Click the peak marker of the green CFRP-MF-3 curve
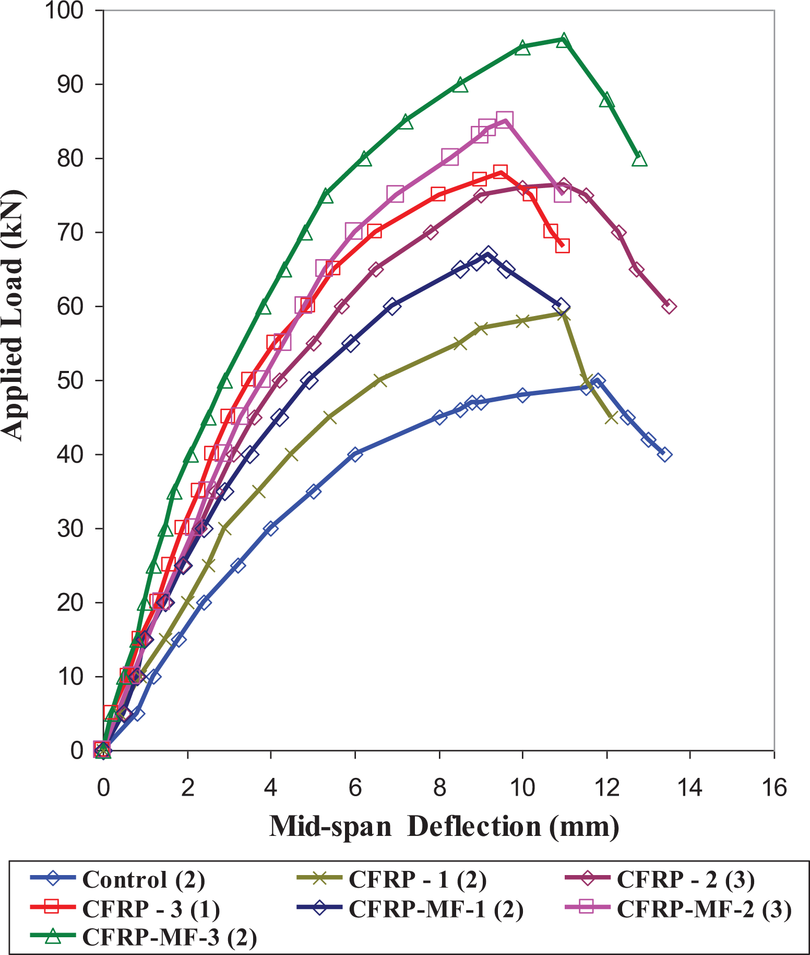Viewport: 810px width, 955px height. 563,40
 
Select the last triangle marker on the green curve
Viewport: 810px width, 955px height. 639,159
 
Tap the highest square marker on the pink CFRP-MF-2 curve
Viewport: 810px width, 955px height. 504,120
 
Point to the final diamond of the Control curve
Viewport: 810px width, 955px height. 664,455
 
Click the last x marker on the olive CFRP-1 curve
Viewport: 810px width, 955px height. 611,417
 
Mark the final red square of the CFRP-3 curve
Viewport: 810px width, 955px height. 562,246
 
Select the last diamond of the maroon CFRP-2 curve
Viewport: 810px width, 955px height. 669,306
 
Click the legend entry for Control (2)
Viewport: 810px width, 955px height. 144,879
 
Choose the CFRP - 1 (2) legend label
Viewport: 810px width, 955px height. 418,879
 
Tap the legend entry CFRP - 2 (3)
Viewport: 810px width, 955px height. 686,879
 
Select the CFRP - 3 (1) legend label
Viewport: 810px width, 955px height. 151,909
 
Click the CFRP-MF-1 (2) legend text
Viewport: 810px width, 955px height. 436,909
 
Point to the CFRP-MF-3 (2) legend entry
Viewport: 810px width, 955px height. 170,938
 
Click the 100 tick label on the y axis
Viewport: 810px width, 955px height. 65,10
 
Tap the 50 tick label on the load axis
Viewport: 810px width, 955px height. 70,380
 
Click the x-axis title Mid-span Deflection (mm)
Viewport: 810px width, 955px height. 444,827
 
